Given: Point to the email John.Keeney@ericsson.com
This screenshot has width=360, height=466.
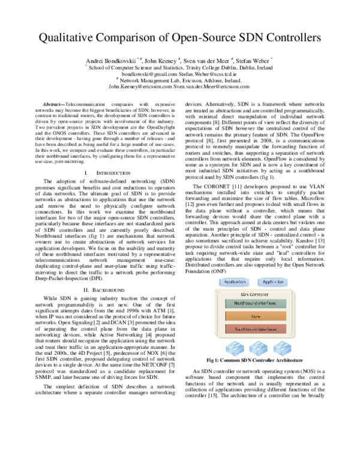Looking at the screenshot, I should point(140,86).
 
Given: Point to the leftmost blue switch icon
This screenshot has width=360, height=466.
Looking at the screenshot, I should point(231,351).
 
